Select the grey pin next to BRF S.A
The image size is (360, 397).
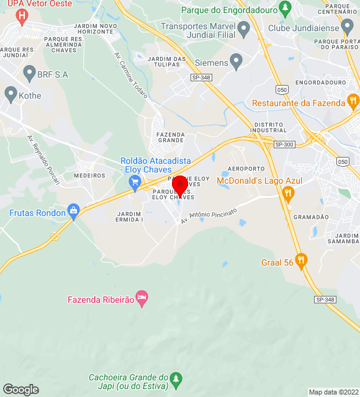[x=29, y=74]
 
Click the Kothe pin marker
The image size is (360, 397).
[x=11, y=94]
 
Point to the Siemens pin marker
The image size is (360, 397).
[x=236, y=61]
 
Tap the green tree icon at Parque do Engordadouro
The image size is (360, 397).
[x=285, y=9]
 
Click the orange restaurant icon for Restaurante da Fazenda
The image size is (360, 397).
[x=353, y=100]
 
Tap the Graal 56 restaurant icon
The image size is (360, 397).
[x=301, y=261]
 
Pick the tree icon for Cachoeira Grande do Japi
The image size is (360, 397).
[x=176, y=378]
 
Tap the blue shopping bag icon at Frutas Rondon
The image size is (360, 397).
[x=74, y=212]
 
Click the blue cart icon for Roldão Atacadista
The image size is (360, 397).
[x=135, y=182]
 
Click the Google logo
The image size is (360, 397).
[x=20, y=390]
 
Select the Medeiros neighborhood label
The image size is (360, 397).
[x=90, y=176]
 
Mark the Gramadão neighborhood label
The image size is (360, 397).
[x=311, y=217]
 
